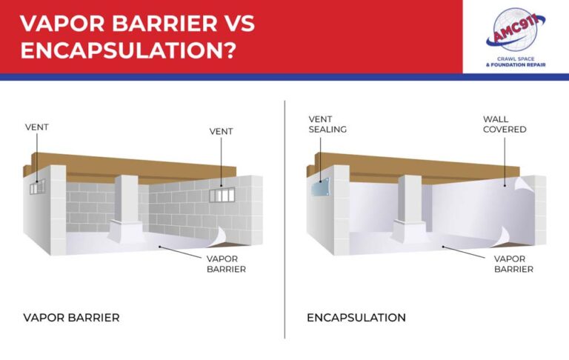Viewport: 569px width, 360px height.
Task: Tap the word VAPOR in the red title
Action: tap(62, 23)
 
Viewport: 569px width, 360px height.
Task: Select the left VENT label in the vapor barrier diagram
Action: tap(36, 127)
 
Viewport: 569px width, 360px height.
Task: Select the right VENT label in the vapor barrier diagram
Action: tap(221, 131)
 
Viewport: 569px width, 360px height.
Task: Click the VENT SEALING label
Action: tap(326, 124)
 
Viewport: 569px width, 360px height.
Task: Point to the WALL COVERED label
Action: tap(504, 124)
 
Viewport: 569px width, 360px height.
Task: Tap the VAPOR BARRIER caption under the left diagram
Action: tap(71, 318)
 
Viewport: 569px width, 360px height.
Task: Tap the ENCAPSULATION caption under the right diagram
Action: tap(356, 318)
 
